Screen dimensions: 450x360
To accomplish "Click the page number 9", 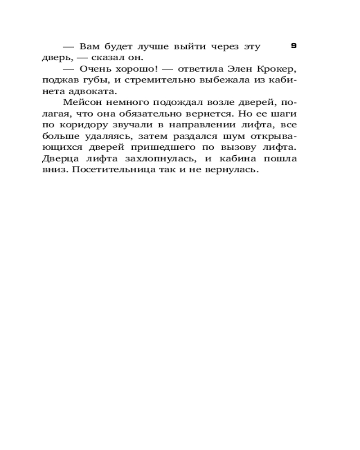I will pyautogui.click(x=293, y=45).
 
